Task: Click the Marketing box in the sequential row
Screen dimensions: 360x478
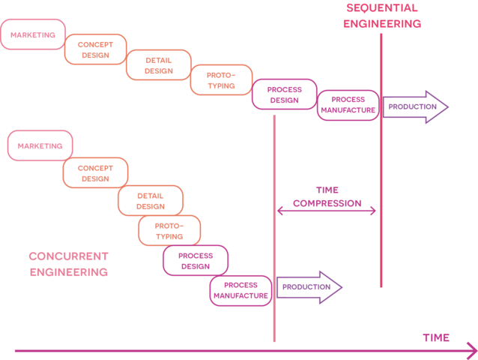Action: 33,34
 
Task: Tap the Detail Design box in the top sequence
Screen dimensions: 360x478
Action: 158,65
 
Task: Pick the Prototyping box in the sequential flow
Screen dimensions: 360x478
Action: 221,80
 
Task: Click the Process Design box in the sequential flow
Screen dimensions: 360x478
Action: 285,94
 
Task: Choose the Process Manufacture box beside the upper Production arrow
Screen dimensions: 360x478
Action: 348,105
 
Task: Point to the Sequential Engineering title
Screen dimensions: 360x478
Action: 382,15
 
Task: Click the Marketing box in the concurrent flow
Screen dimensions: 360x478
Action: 40,145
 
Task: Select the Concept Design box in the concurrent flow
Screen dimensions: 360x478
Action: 95,173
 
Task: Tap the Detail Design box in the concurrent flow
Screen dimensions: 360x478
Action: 151,200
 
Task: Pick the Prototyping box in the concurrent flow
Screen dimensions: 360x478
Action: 169,231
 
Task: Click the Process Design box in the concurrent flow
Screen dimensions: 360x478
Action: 196,260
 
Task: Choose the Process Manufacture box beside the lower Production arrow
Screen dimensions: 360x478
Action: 241,290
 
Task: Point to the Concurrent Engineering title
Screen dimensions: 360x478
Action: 69,264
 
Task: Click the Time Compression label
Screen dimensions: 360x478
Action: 327,196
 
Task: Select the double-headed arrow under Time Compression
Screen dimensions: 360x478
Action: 326,211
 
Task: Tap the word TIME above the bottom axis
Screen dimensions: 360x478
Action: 436,337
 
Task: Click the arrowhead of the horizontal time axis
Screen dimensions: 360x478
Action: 470,350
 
